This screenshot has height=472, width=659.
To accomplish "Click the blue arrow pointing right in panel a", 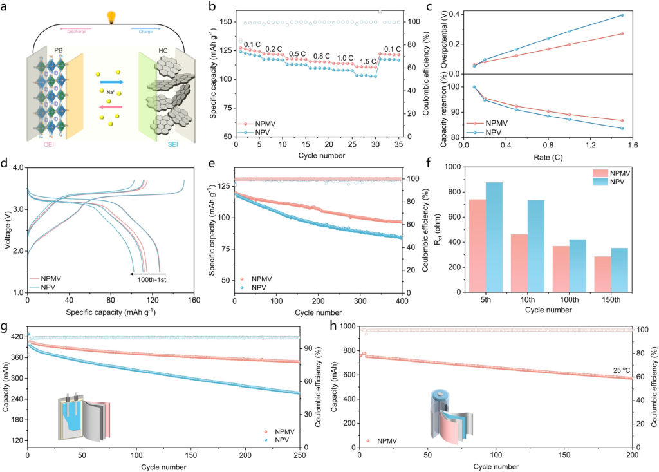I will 111,82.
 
